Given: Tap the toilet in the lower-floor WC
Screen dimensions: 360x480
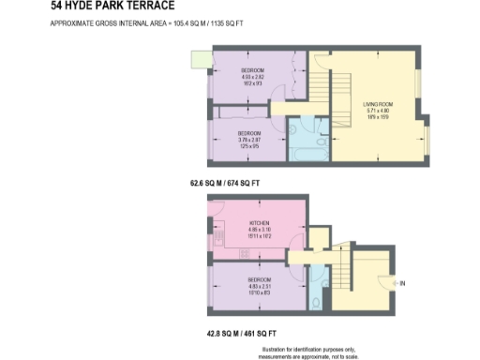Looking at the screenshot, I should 317,301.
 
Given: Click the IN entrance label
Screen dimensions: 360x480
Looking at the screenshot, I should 403,283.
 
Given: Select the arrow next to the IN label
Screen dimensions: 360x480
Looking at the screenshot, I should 394,283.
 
